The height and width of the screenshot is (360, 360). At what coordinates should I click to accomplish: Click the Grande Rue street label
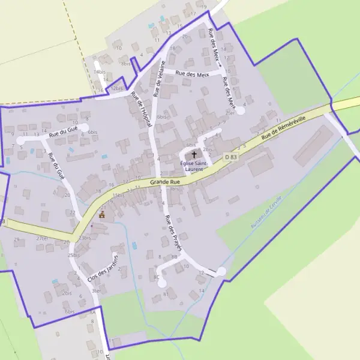pyautogui.click(x=165, y=181)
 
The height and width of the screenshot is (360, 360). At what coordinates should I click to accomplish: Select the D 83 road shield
pyautogui.click(x=231, y=157)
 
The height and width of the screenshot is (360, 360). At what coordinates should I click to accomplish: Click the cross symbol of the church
pyautogui.click(x=194, y=155)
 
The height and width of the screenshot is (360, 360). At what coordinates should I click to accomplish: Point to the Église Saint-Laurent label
pyautogui.click(x=194, y=166)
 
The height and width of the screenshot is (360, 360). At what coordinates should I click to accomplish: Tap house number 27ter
pyautogui.click(x=42, y=238)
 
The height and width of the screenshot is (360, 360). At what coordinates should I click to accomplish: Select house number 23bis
pyautogui.click(x=84, y=238)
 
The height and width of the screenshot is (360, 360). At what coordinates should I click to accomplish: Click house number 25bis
pyautogui.click(x=74, y=256)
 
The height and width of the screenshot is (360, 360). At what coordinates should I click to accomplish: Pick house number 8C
pyautogui.click(x=157, y=277)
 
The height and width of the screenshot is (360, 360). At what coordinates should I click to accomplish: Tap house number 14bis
pyautogui.click(x=100, y=72)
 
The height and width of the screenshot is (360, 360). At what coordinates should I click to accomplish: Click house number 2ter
pyautogui.click(x=230, y=112)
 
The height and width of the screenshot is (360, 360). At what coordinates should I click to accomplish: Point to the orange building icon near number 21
pyautogui.click(x=102, y=215)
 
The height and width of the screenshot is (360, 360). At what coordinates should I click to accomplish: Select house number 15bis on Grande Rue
pyautogui.click(x=118, y=195)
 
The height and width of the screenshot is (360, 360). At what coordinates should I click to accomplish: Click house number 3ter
pyautogui.click(x=96, y=291)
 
